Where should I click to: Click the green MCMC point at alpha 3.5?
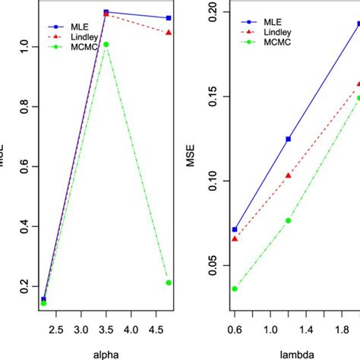pos(106,44)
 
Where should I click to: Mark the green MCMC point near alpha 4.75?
pos(169,283)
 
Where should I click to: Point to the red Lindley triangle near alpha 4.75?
pos(169,33)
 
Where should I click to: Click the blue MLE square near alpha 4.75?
pos(169,17)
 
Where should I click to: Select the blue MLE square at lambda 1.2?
pos(288,139)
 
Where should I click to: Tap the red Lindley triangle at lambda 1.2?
pos(288,175)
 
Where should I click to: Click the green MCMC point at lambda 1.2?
pos(288,220)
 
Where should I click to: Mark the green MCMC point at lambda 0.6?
pos(235,289)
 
